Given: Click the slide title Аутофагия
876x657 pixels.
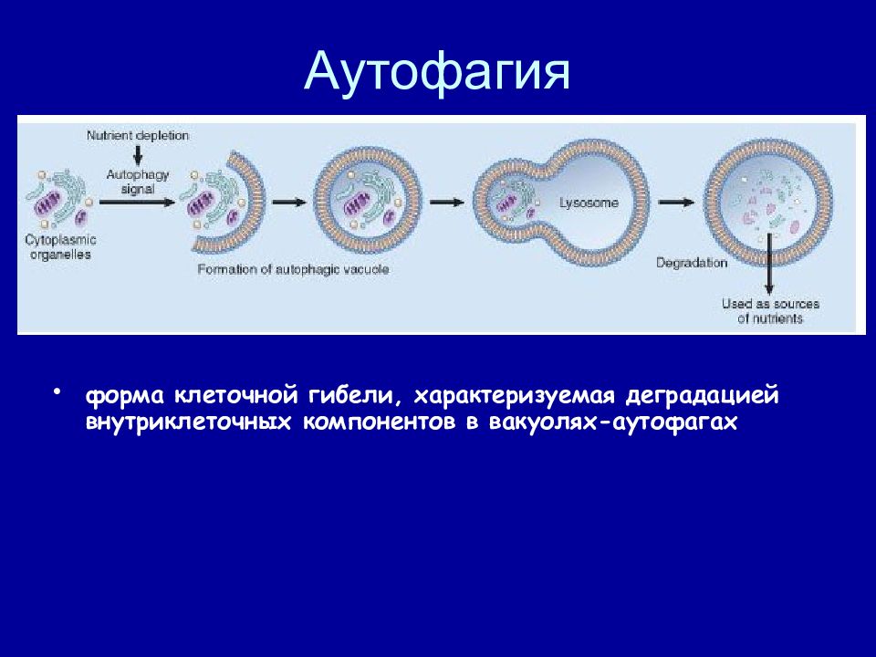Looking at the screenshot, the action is click(437, 72).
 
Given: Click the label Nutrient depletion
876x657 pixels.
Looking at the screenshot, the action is click(138, 136).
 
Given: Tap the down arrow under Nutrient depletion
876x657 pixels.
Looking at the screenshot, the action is click(138, 155).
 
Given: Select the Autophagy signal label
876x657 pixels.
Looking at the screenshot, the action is click(138, 182).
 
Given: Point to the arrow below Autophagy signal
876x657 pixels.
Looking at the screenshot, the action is click(137, 203).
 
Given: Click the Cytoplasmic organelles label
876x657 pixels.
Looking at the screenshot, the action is click(60, 247).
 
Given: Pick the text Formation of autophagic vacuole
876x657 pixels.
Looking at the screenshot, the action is click(293, 269).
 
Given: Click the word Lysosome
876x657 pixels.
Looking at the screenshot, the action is click(589, 203).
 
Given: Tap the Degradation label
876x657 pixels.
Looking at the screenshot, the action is click(692, 263).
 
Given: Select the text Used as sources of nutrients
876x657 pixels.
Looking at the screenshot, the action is click(770, 311).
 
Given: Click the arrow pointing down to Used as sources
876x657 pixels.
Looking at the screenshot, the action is click(769, 264).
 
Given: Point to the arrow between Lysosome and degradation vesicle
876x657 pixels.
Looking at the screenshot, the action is click(676, 203).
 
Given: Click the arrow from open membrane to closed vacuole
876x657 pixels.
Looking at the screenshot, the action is click(289, 203).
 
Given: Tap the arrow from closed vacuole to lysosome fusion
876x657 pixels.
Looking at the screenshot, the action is click(447, 203).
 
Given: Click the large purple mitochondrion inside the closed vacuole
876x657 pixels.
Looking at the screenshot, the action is click(356, 204).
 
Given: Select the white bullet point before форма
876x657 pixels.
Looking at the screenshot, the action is click(57, 391).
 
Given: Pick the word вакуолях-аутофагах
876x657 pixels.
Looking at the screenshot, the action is click(613, 422).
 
